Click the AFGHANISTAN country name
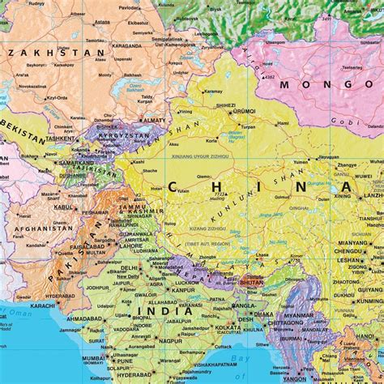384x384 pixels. (41, 229)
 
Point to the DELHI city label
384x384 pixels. (129, 267)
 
